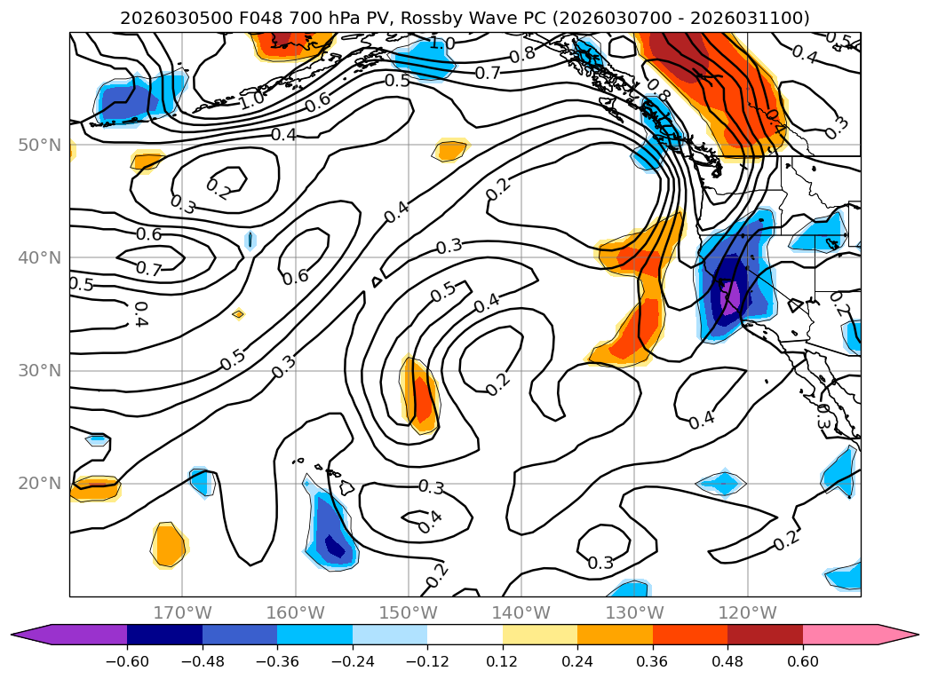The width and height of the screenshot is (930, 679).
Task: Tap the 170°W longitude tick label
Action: (182, 612)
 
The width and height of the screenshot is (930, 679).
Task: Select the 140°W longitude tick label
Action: (521, 612)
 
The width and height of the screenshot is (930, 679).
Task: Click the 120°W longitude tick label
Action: (748, 612)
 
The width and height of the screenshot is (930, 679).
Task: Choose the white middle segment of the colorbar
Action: (465, 634)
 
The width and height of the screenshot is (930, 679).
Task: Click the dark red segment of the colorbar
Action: (765, 634)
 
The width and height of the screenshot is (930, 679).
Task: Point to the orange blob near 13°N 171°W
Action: (169, 544)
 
